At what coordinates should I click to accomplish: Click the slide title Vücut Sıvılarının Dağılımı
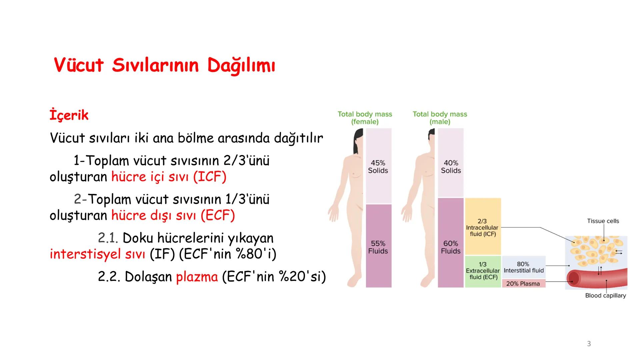point(164,65)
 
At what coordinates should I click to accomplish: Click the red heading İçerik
point(69,115)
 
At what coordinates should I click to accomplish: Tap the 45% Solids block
point(378,166)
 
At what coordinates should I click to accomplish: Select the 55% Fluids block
point(378,247)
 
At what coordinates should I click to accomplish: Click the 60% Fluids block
point(451,247)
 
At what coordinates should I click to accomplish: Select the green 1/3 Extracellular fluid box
point(483,271)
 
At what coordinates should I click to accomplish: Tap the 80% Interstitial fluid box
point(523,267)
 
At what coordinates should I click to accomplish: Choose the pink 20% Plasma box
point(523,284)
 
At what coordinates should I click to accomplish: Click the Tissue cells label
point(603,221)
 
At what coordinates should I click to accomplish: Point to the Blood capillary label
point(605,295)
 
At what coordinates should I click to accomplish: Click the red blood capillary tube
point(597,279)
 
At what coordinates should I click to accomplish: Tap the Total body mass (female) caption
point(365,118)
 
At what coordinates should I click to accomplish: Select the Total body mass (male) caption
point(440,118)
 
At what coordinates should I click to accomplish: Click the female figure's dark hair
point(357,140)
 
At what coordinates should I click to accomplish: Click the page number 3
point(589,344)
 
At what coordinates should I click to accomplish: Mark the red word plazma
point(197,277)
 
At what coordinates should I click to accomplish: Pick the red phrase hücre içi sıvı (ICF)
point(169,177)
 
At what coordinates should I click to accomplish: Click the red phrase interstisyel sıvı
point(97,254)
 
